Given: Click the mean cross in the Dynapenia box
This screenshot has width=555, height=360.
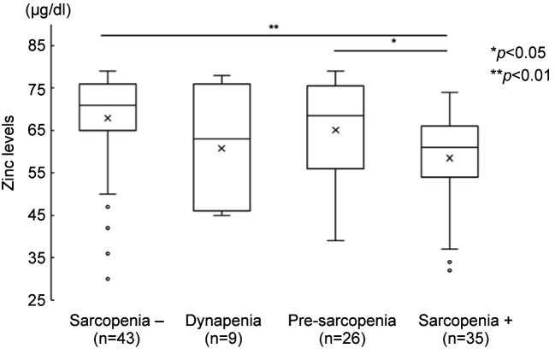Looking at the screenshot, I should pos(221,149).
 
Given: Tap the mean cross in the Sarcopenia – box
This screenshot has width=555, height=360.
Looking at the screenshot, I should pos(108,118).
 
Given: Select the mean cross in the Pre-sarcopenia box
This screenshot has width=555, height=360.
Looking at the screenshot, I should pos(335,130).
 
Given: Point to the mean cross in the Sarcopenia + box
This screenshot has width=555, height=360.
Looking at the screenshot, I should pos(449,158).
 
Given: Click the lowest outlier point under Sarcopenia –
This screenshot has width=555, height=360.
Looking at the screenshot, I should pos(108,279).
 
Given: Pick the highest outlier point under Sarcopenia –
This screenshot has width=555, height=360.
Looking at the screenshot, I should pos(108,207).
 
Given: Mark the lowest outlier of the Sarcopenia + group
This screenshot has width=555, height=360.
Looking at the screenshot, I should pos(449,270).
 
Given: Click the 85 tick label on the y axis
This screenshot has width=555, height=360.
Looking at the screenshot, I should pos(35,45).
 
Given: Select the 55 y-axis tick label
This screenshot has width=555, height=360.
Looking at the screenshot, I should pos(35,173).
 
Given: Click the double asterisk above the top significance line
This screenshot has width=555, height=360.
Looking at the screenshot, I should pos(274,27).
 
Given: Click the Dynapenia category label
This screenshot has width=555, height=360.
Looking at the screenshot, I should pos(221,322).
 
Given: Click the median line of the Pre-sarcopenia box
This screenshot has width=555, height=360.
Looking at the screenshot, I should pos(335,115).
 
